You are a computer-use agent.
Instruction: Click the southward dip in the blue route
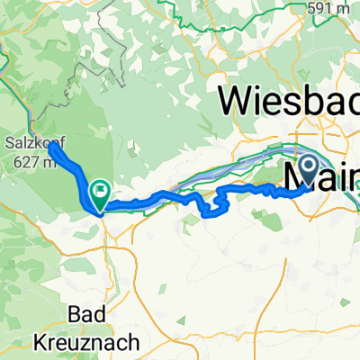coord(212,212)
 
